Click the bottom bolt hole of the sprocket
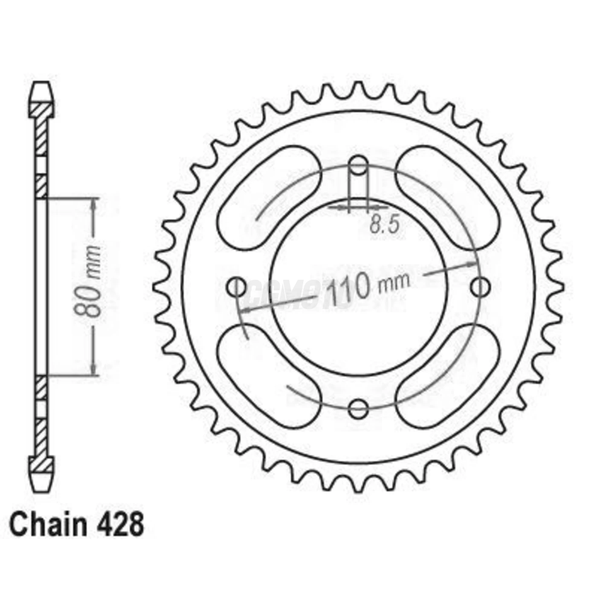358,409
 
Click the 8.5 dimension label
384,225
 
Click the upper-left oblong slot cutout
269,197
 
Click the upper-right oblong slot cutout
448,197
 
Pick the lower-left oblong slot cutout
269,375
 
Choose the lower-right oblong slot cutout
448,375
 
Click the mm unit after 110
394,281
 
